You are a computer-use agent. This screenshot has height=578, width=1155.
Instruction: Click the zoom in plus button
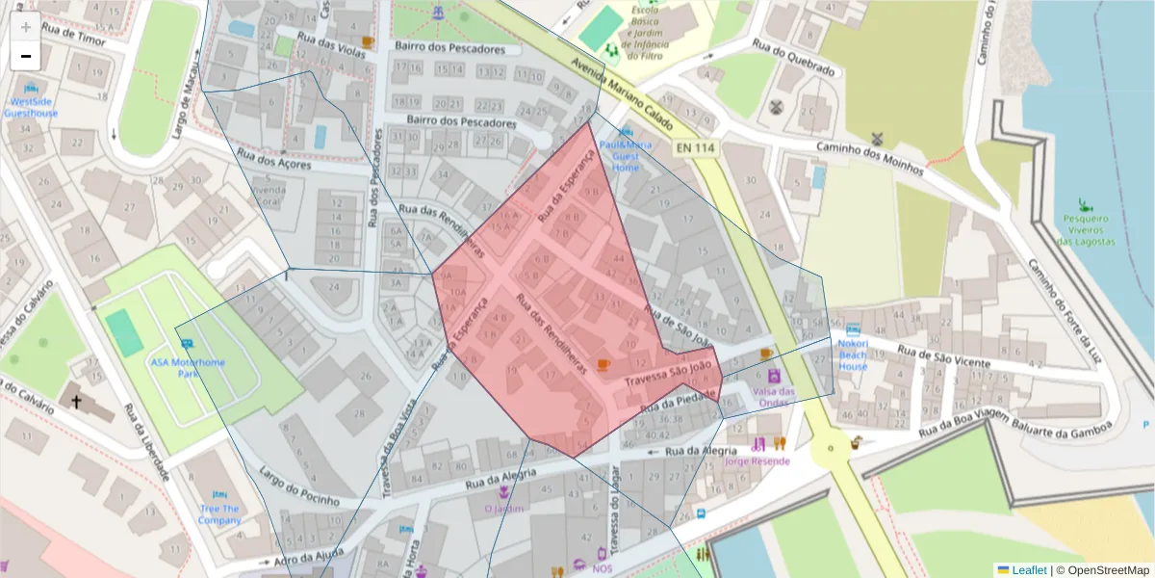point(26,28)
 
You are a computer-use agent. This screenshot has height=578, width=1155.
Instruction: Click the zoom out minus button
point(26,56)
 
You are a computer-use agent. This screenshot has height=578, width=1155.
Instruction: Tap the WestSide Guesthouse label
point(31,107)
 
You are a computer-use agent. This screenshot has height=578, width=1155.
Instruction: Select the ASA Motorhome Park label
point(188,367)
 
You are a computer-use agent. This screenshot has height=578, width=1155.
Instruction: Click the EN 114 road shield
point(694,147)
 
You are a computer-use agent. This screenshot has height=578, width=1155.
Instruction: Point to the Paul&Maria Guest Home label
point(626,155)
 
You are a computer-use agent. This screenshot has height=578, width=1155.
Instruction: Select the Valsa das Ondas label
point(774,397)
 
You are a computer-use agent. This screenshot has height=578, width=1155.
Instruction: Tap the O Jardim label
point(504,509)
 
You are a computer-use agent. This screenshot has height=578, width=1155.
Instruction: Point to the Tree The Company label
point(220,514)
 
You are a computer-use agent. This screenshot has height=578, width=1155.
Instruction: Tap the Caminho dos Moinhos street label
point(870,158)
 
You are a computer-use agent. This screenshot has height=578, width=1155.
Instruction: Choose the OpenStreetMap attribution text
point(1103,569)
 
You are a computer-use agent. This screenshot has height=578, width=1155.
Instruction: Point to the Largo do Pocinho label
point(299,487)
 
